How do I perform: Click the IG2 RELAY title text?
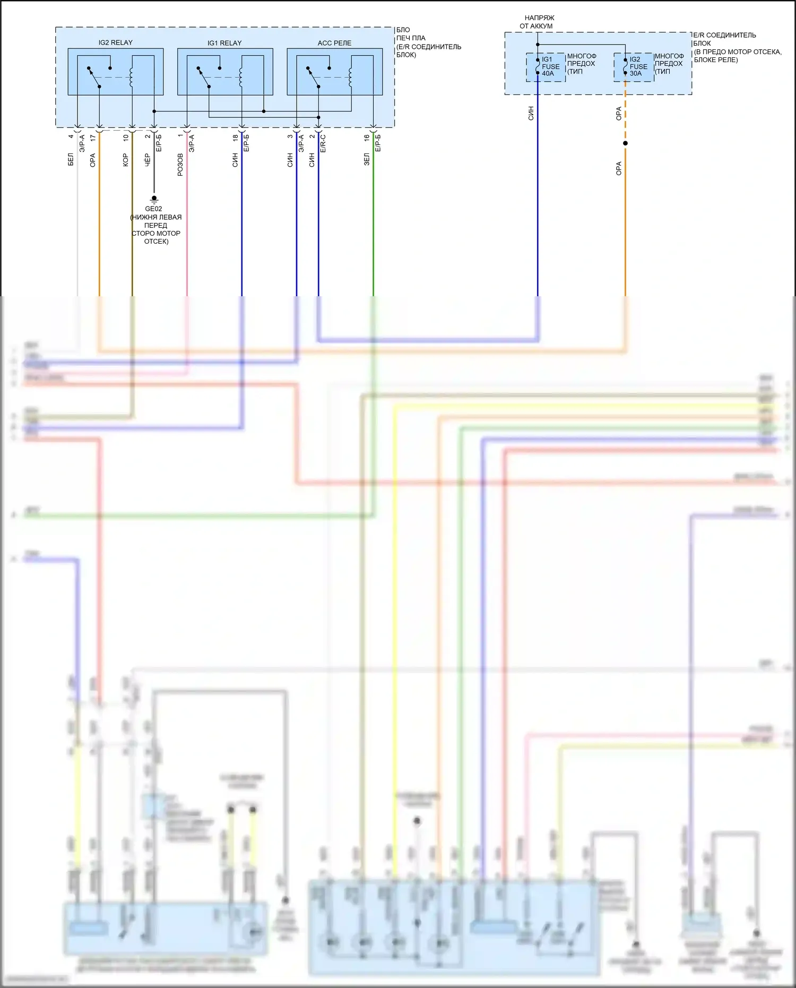click(x=115, y=42)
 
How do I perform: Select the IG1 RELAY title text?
click(x=224, y=43)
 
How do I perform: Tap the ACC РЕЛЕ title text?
click(x=334, y=43)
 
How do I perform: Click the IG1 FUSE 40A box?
click(x=546, y=67)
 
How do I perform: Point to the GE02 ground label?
click(x=154, y=209)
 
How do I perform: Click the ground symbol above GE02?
click(x=154, y=199)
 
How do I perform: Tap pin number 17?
click(x=93, y=138)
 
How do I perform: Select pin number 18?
click(x=235, y=138)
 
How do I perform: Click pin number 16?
click(x=367, y=138)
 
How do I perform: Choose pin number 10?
click(x=126, y=138)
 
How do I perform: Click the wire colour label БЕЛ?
click(x=71, y=159)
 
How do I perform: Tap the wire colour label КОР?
click(x=126, y=160)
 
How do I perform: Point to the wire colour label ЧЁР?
click(x=148, y=160)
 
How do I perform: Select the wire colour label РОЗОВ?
click(x=180, y=165)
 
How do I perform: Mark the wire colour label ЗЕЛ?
click(x=367, y=159)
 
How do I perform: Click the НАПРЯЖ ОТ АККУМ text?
click(x=537, y=22)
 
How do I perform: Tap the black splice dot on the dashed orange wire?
click(x=625, y=143)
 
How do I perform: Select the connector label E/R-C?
click(x=323, y=144)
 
